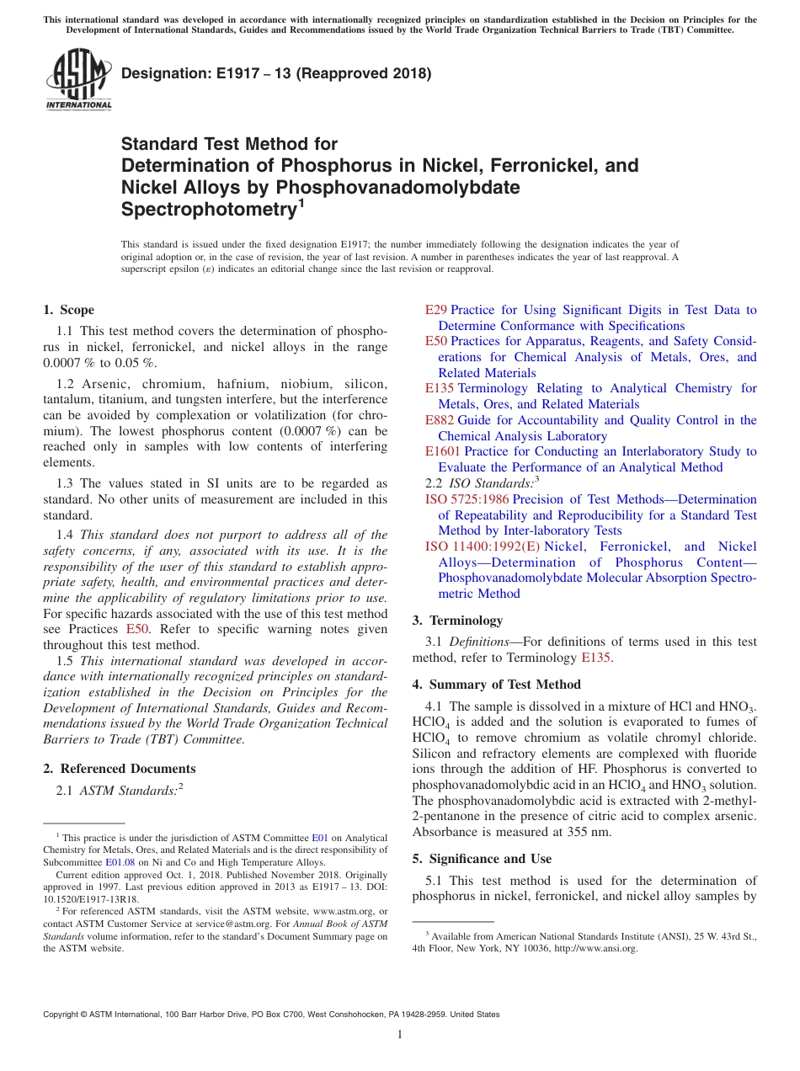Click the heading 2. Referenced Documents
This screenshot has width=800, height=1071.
pos(120,769)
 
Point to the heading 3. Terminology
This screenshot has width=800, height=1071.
pos(457,621)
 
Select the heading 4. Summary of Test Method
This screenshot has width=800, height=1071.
pos(496,685)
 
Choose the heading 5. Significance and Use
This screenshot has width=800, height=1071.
pos(482,859)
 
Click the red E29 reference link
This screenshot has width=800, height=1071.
pos(435,311)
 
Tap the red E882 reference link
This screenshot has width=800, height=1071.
pos(440,420)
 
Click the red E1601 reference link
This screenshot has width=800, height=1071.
pos(443,451)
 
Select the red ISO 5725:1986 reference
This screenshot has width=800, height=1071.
pos(467,499)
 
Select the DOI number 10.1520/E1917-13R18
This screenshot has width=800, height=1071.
pos(91,898)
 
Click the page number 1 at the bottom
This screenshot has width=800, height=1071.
pos(400,1035)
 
